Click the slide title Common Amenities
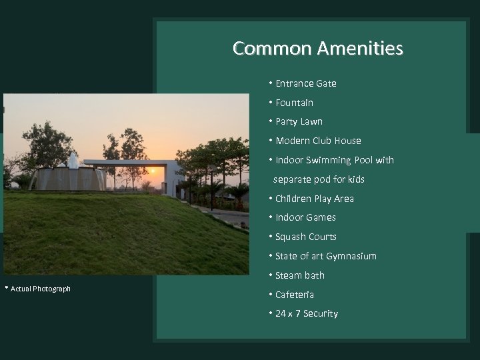[x=317, y=49]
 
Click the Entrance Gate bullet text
[x=305, y=83]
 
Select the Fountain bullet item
[x=294, y=103]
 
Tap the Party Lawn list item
[x=299, y=121]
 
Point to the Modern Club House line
[x=318, y=141]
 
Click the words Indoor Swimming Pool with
[x=334, y=160]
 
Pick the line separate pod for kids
[x=319, y=179]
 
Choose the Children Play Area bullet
[x=314, y=199]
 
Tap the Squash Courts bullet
[x=305, y=237]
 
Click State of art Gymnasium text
[x=325, y=256]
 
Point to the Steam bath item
[x=300, y=275]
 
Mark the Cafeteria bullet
[x=294, y=295]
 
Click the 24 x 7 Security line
[x=306, y=313]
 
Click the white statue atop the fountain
[x=73, y=161]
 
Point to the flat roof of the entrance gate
[x=127, y=162]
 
